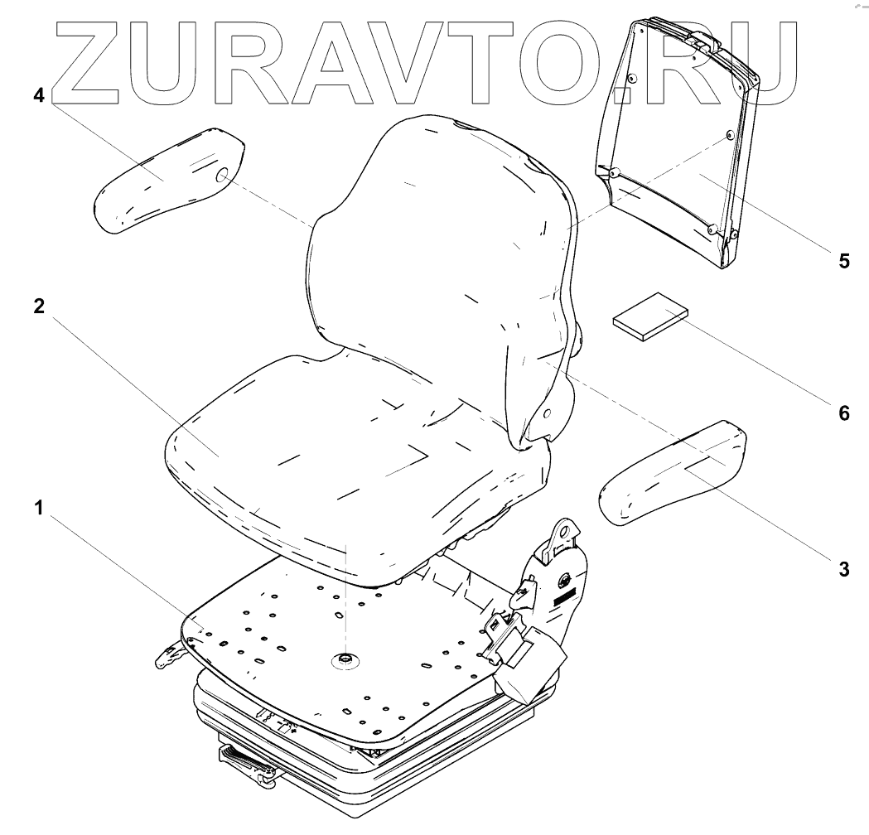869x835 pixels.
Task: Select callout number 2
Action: tap(38, 306)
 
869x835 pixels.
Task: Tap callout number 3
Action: tap(843, 569)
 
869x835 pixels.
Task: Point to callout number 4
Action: tap(38, 95)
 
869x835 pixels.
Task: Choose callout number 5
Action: tap(843, 261)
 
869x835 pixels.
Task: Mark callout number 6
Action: tap(843, 412)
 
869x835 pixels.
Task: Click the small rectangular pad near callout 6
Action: tap(650, 316)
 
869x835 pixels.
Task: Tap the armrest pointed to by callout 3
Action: tap(675, 472)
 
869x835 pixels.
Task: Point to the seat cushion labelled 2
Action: tap(331, 464)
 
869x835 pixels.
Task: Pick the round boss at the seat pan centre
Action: tap(342, 659)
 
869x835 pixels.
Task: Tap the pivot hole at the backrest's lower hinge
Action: tap(548, 413)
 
